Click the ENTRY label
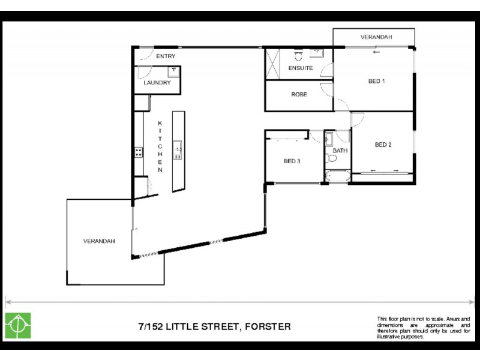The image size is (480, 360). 165,56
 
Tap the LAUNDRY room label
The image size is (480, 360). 157,83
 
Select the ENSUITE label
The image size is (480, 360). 300,68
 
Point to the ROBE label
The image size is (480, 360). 299,95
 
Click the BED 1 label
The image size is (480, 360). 376,82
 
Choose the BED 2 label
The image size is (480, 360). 383,144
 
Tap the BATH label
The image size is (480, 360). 340,151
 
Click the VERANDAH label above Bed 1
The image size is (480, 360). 376,37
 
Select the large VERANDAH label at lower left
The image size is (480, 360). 99,241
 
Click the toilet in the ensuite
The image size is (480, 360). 298,56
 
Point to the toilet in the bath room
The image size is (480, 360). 331,160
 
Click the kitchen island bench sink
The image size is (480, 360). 178,147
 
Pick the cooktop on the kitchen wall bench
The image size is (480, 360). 138,151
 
